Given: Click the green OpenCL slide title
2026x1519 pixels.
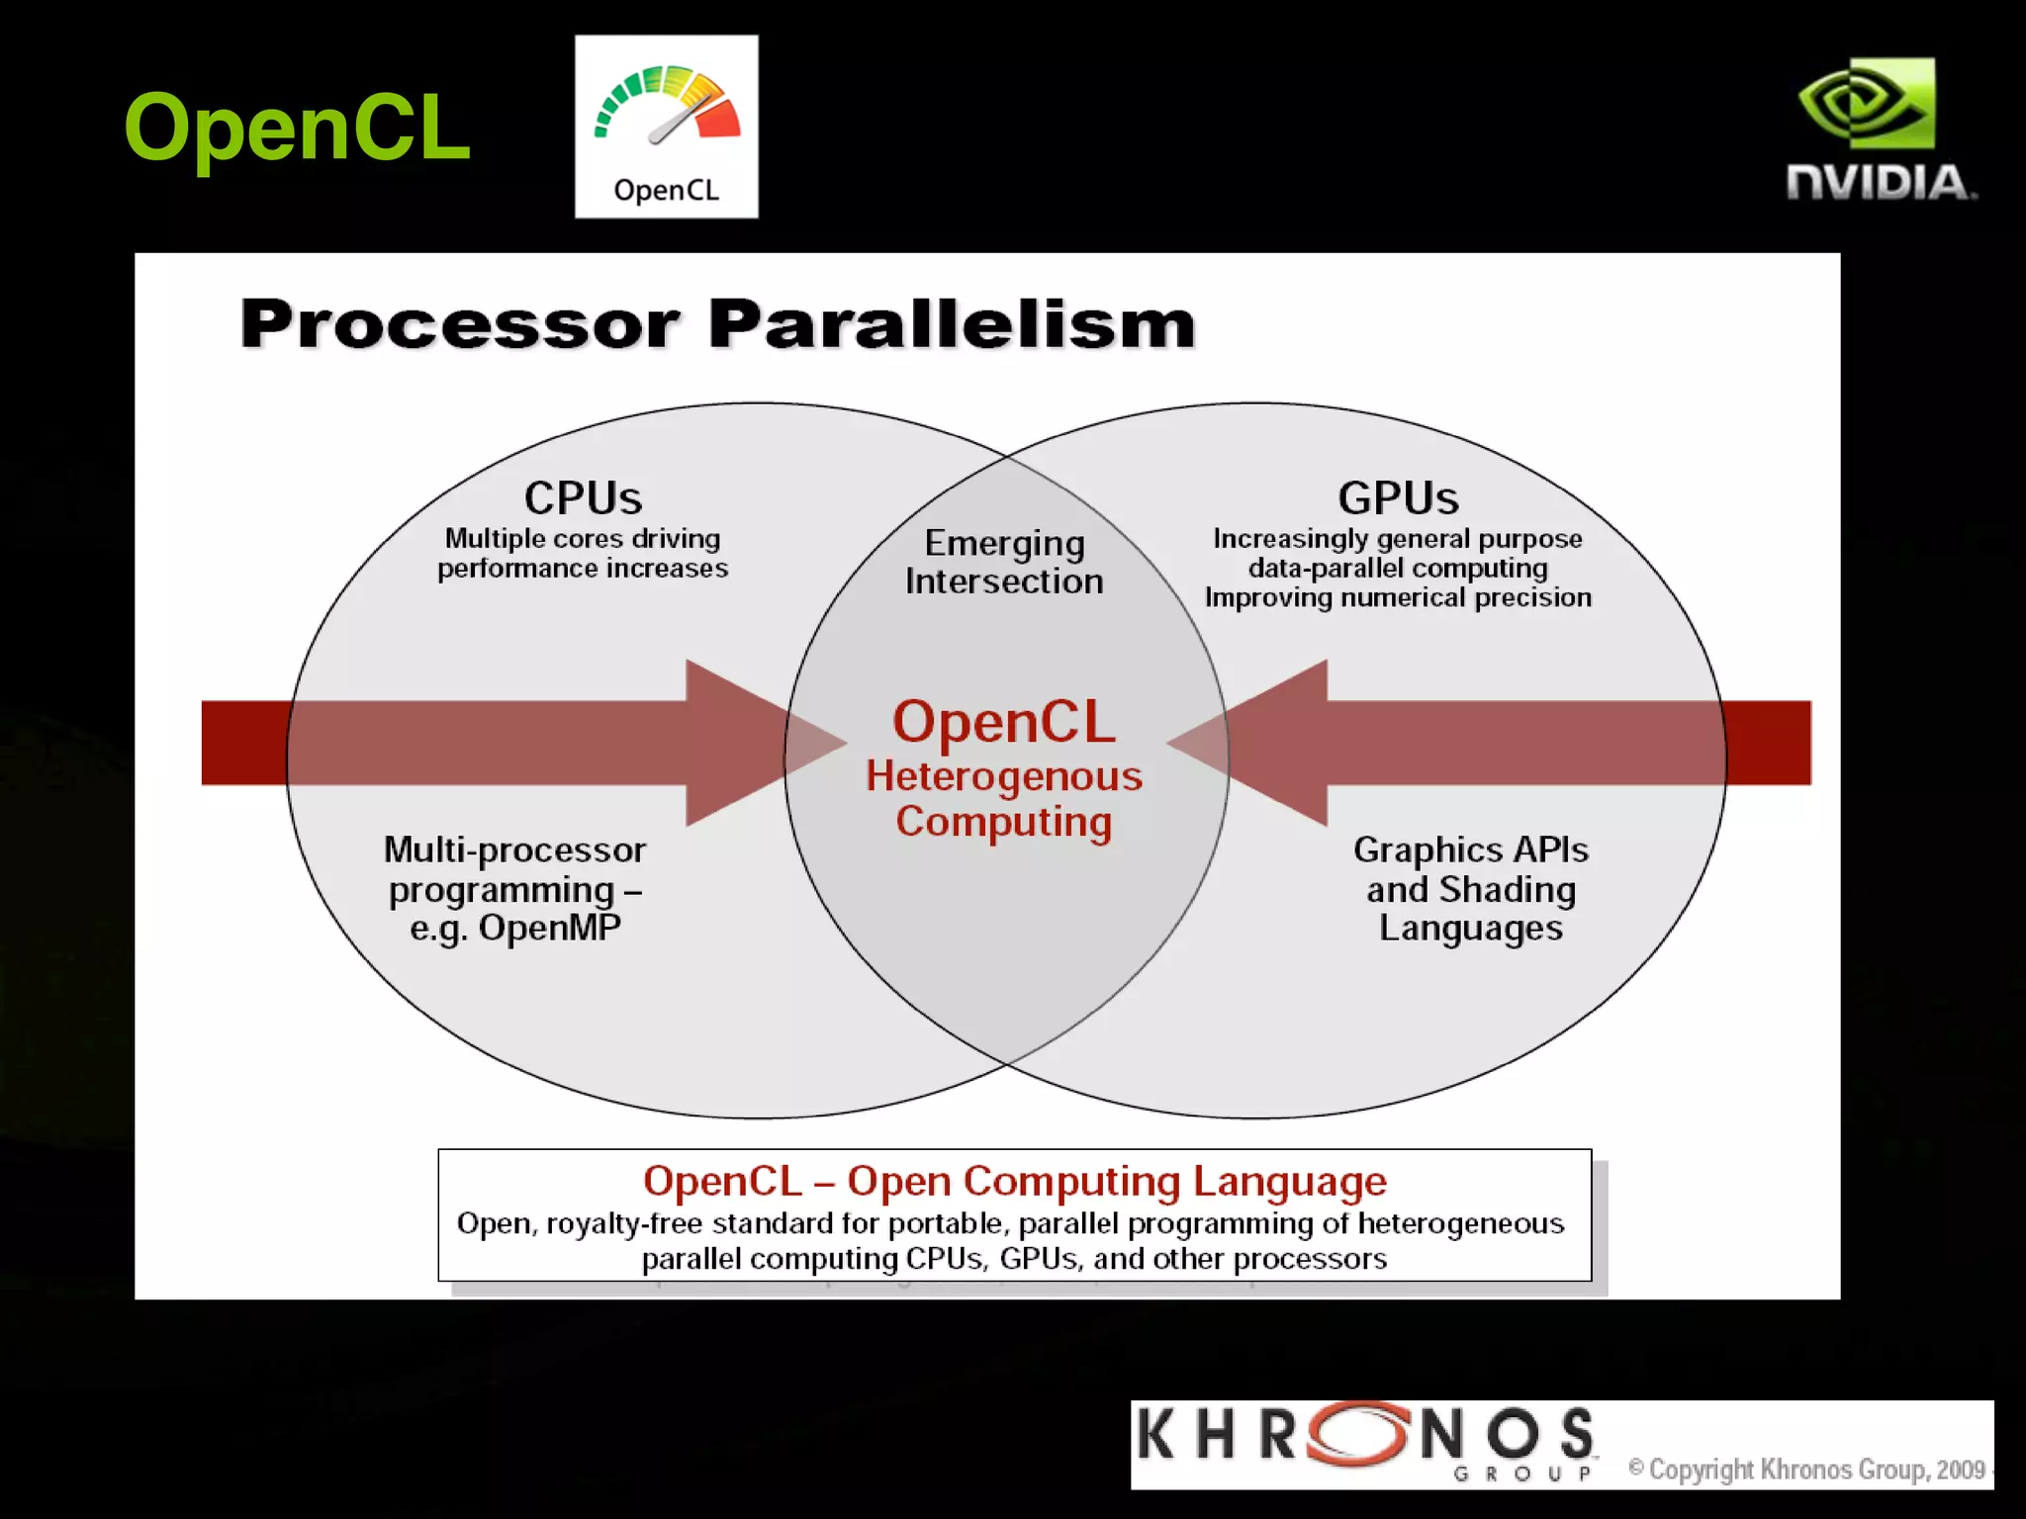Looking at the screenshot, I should [297, 127].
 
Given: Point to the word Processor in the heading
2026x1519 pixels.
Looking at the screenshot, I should [460, 324].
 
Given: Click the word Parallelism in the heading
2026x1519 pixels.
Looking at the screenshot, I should [952, 324].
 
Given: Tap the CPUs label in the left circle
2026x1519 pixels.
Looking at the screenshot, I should [583, 497].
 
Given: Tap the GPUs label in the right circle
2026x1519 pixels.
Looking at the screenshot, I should [1398, 497].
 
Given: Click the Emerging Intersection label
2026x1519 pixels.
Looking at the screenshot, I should [1004, 562].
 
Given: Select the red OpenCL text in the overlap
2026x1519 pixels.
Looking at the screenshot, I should [1004, 721].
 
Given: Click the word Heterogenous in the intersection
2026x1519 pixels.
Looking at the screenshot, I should [1004, 776].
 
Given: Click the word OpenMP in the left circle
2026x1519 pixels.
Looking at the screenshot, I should [550, 928].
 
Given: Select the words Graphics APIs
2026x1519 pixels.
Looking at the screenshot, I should [1470, 849].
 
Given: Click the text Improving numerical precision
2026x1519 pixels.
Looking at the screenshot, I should [1398, 597].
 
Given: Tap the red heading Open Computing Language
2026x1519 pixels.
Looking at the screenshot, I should [1116, 1181].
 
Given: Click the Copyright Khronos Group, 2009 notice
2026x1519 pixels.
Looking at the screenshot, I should [1807, 1470].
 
